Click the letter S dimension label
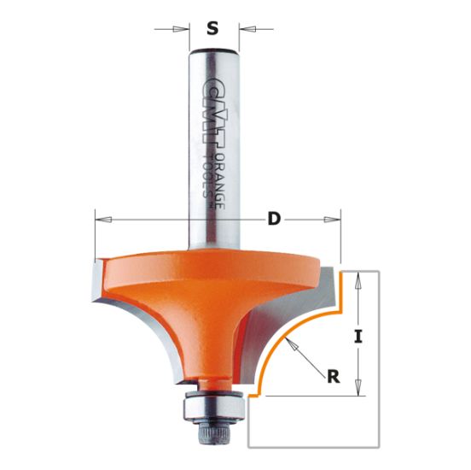click(x=212, y=29)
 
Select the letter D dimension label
click(x=274, y=220)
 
